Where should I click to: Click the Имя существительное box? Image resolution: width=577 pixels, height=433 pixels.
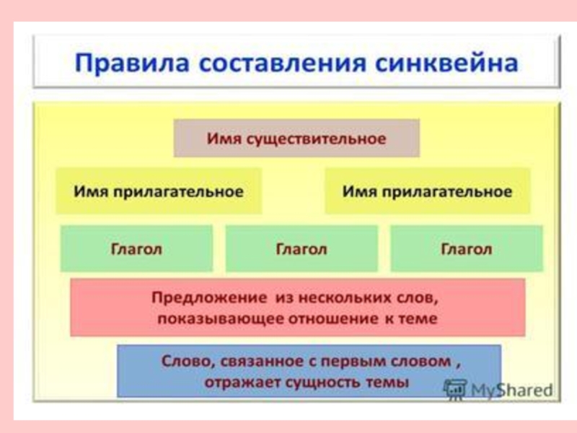coord(296,138)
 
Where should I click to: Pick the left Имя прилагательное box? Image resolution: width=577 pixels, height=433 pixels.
coord(159,192)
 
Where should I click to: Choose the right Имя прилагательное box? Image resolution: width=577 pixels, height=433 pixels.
coord(427,192)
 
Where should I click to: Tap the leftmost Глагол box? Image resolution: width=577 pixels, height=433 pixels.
coord(136,249)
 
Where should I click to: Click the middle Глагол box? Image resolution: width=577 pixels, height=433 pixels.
coord(301,249)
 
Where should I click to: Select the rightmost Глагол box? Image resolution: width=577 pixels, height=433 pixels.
coord(466,249)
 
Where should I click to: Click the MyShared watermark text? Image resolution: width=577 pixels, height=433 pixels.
coord(511,390)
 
